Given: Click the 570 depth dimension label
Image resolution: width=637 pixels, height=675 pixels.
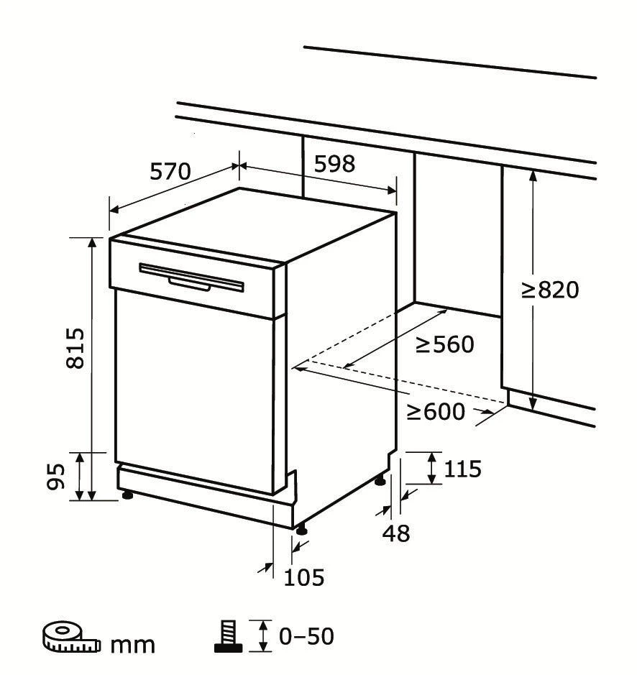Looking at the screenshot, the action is tap(170, 172).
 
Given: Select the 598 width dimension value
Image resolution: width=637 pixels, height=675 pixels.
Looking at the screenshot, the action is tap(334, 164).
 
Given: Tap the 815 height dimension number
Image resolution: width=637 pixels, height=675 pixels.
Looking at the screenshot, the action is tap(75, 348).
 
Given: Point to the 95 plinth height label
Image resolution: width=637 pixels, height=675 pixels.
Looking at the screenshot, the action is tap(56, 477).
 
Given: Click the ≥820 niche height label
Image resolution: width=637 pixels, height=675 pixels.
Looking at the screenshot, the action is tap(550, 290).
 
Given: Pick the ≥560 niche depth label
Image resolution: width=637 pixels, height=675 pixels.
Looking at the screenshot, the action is tap(445, 344).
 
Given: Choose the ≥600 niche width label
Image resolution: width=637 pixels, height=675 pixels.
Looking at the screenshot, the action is tap(436, 412).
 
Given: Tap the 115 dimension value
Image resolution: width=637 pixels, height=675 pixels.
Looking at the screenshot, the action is tap(462, 469).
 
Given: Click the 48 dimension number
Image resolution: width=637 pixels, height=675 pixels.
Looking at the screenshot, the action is tap(396, 534).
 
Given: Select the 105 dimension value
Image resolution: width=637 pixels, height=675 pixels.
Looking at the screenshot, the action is tap(303, 577).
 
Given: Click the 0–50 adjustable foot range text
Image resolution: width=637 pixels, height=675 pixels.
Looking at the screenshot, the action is tap(306, 636).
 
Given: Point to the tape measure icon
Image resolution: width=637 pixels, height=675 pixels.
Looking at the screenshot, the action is tap(71, 637).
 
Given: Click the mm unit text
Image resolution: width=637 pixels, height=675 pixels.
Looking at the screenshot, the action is tap(133, 645).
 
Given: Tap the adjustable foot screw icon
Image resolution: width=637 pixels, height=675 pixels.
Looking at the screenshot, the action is tap(229, 636).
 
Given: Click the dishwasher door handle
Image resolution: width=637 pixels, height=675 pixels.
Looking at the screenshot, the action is tap(191, 277).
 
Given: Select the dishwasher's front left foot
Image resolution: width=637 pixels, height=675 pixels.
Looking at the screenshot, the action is tap(127, 495).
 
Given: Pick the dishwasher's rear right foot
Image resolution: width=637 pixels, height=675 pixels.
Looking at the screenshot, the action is tap(380, 480).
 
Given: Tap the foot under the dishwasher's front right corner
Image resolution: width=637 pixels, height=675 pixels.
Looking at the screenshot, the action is tap(301, 530).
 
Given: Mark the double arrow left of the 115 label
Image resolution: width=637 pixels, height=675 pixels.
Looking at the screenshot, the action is tap(431, 468).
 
